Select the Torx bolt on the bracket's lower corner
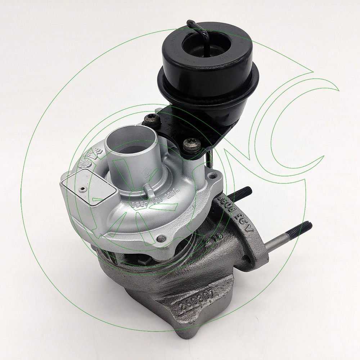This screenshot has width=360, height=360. (189, 145)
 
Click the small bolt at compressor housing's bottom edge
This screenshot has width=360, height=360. (162, 238)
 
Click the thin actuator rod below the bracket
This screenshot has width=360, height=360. (210, 158)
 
